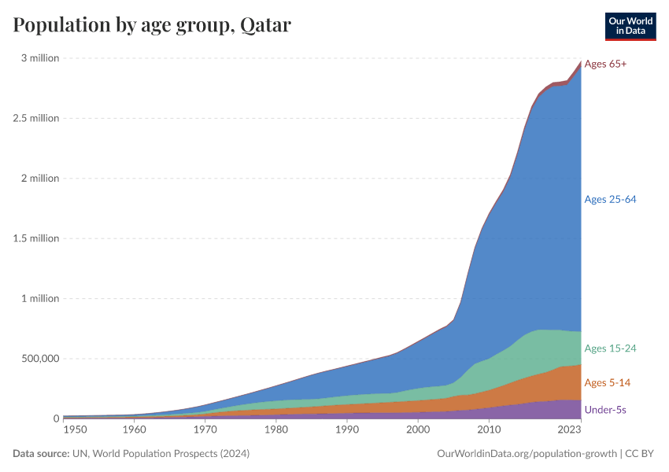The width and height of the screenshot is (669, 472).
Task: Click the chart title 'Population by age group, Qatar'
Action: [x=152, y=25]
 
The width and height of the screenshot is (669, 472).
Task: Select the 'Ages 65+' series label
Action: [x=605, y=64]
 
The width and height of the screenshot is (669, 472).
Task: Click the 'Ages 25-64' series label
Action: [x=610, y=199]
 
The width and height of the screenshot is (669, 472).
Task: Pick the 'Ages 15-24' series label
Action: [x=610, y=348]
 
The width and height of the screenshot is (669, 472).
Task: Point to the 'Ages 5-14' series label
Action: [x=607, y=382]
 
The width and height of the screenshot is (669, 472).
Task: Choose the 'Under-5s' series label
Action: [x=605, y=410]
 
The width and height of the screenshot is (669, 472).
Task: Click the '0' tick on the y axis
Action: [x=56, y=419]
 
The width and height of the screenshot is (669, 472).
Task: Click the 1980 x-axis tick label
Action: [x=275, y=430]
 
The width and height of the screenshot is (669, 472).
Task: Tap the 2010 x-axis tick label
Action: [x=489, y=430]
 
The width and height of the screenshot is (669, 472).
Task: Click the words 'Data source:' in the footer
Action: [x=41, y=454]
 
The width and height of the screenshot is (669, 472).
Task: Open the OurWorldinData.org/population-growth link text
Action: [x=526, y=454]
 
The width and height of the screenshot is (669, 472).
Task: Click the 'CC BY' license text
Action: [x=640, y=454]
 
